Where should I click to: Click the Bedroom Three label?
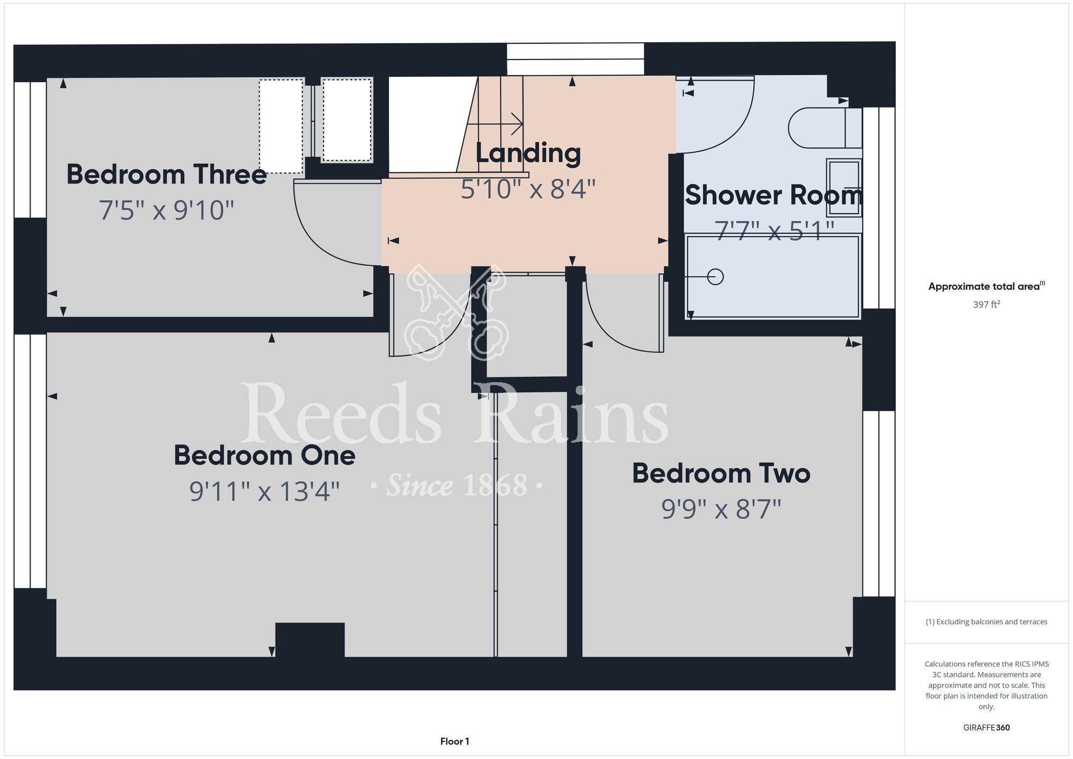coord(166,174)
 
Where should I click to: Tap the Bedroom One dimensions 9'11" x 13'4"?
coord(264,491)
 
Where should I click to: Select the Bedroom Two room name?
coord(721,473)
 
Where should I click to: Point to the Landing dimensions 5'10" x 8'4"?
coord(528,189)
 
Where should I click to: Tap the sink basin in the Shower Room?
coord(844,187)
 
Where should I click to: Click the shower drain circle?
coord(715,277)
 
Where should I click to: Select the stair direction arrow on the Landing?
coord(495,124)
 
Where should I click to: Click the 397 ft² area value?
coord(987,304)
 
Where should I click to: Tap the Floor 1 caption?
coord(454,741)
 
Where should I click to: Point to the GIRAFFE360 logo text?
coord(987,728)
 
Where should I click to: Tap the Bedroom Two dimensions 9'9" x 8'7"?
coord(721,509)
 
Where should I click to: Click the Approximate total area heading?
coord(987,286)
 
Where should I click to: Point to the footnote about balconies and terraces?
coord(987,622)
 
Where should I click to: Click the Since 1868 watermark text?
coord(457,485)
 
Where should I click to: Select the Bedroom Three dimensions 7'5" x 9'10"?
coord(167,210)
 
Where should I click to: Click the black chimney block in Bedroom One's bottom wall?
coord(310,640)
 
